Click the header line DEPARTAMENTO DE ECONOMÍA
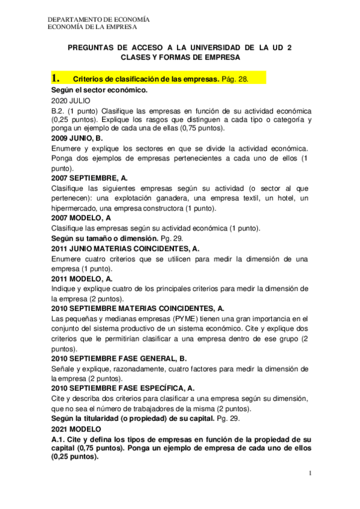pyautogui.click(x=98, y=19)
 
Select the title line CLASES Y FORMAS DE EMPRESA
pyautogui.click(x=180, y=58)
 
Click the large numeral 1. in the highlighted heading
pyautogui.click(x=56, y=79)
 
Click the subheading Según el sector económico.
pyautogui.click(x=100, y=90)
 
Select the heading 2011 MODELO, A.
pyautogui.click(x=82, y=279)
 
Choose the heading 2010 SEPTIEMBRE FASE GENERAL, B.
pyautogui.click(x=119, y=358)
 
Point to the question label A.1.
pyautogui.click(x=59, y=440)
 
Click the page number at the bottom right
pyautogui.click(x=311, y=474)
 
